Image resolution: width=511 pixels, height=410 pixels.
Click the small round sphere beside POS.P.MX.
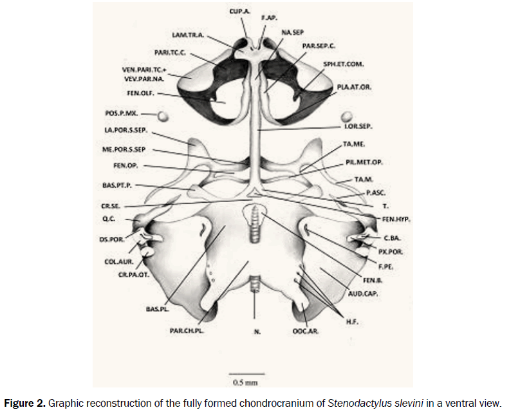[x=163, y=116]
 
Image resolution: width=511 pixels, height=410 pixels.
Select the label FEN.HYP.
[x=396, y=219]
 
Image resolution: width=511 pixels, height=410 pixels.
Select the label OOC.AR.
[x=308, y=332]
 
